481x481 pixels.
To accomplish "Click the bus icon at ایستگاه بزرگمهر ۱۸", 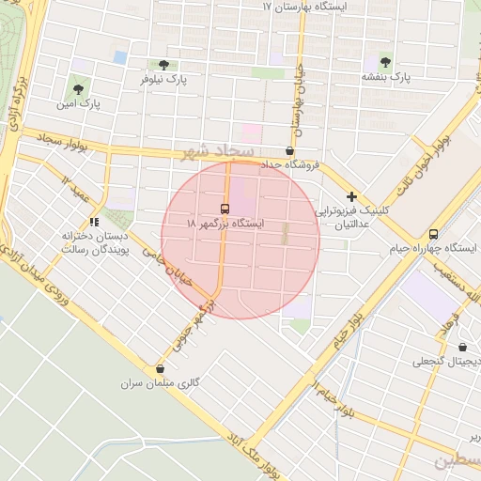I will (225, 208).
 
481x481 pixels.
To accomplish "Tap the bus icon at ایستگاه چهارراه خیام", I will (433, 234).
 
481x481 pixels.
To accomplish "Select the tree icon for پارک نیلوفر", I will (164, 65).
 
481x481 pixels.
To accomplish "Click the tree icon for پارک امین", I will (78, 90).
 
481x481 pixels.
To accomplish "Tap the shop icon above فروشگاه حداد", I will (288, 150).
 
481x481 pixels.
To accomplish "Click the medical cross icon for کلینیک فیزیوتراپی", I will (351, 196).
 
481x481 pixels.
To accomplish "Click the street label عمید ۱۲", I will (78, 184).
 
